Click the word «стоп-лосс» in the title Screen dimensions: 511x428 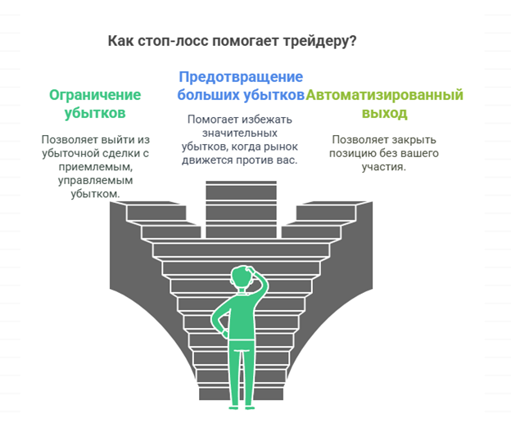tap(173, 42)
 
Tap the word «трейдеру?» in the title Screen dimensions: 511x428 tap(319, 42)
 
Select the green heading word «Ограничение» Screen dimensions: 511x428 tap(95, 95)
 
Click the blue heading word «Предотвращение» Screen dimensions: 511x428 tap(241, 77)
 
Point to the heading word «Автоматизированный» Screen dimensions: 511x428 tap(385, 95)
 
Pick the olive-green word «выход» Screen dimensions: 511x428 tap(385, 114)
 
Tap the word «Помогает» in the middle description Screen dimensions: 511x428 tap(213, 119)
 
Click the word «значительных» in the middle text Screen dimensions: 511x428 tap(240, 133)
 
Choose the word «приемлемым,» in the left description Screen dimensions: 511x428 tap(96, 167)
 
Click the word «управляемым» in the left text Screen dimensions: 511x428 tap(96, 181)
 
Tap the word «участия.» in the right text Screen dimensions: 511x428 tap(384, 167)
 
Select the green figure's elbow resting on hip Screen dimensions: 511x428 tap(215, 321)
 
